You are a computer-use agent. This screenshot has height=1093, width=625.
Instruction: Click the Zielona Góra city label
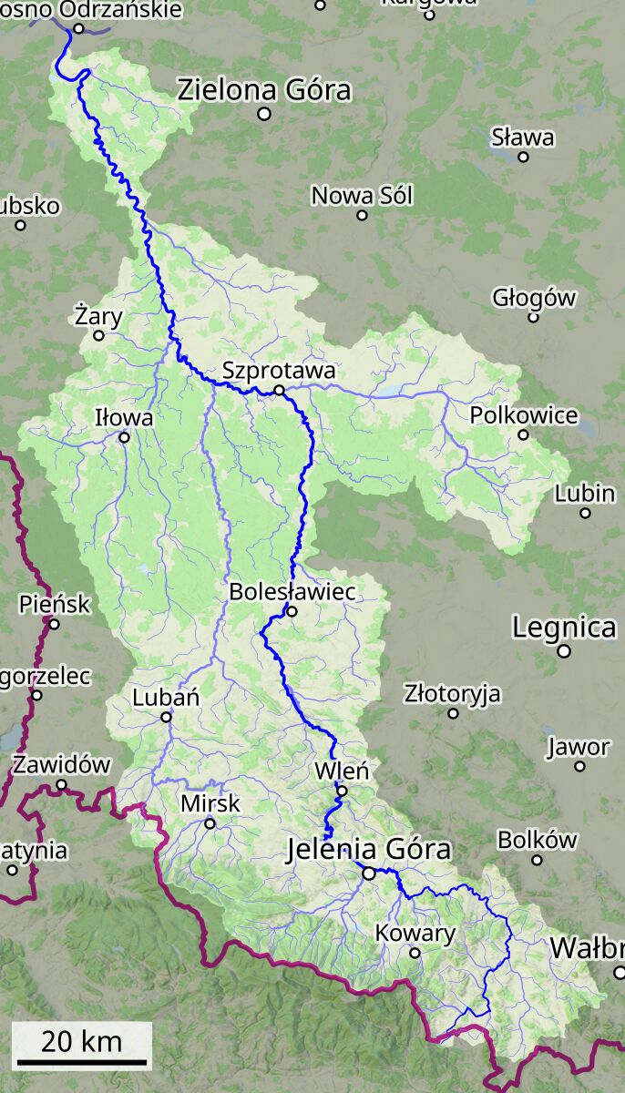click(264, 90)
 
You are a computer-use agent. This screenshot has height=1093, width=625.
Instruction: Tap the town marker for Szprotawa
click(279, 390)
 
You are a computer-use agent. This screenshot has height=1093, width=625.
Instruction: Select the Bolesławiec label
click(292, 591)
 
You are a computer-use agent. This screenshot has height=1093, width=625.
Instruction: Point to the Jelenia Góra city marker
click(369, 873)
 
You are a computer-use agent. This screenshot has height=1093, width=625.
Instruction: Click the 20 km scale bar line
click(82, 1062)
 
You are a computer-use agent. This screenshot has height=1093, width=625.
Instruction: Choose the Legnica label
click(564, 628)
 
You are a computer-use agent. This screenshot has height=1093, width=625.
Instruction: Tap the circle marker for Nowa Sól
click(362, 215)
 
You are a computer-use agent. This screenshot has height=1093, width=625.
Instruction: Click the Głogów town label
click(534, 297)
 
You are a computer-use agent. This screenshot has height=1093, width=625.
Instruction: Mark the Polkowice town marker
click(523, 434)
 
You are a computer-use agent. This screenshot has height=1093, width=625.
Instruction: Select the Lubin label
click(585, 493)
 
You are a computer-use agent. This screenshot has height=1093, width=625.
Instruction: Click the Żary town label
click(98, 315)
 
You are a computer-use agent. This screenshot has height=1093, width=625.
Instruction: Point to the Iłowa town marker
click(125, 437)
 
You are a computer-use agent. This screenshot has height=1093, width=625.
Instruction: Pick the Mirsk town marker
click(210, 823)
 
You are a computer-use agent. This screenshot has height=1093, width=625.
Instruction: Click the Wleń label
click(342, 771)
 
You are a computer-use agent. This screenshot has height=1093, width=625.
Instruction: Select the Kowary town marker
click(415, 953)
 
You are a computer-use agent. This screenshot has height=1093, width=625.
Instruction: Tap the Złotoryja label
click(453, 693)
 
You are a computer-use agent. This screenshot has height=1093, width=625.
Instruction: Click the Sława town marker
click(523, 157)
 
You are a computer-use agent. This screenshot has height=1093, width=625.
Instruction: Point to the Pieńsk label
click(55, 603)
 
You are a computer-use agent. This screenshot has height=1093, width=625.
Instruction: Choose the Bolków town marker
click(537, 860)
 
